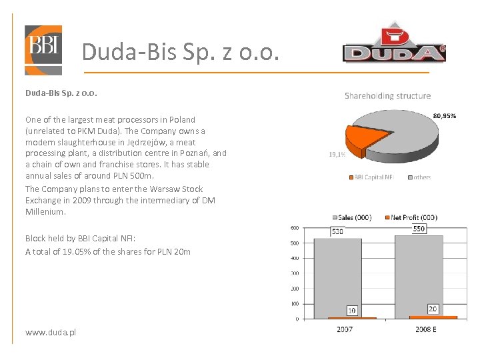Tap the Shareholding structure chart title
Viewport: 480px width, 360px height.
[387, 96]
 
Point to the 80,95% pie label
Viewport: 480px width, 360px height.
[445, 115]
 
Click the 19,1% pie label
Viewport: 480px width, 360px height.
[337, 154]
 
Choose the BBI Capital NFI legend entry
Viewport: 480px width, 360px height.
[372, 177]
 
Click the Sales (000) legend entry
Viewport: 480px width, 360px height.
[353, 217]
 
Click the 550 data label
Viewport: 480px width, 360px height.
[419, 228]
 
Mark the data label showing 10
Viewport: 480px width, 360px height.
[351, 310]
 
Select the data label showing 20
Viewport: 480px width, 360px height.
[433, 308]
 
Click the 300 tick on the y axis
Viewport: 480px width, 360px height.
[294, 273]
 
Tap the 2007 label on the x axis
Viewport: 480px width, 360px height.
[344, 329]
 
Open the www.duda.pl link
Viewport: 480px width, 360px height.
[51, 331]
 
